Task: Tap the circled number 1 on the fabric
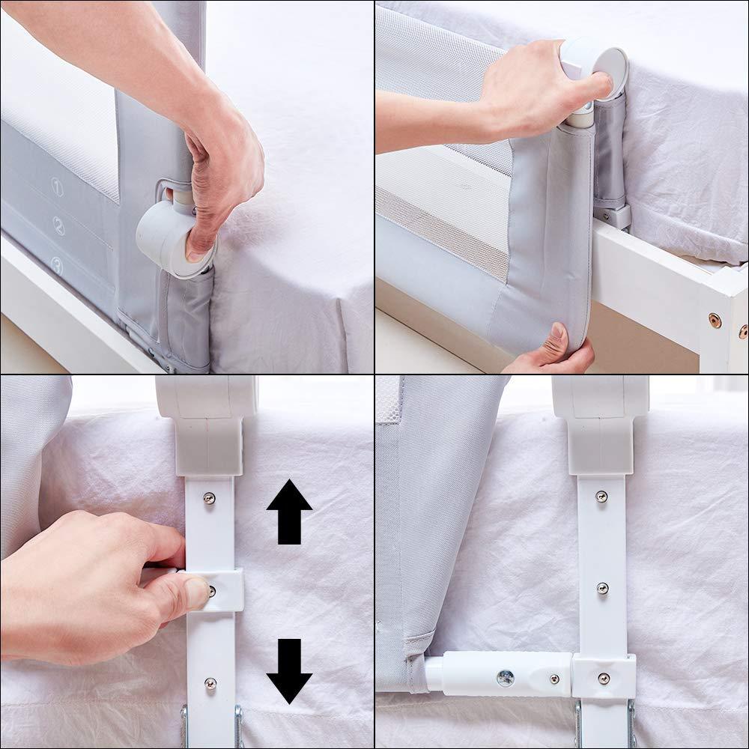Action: coord(57,185)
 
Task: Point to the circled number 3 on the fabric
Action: coord(57,264)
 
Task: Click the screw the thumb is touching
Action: coord(212,590)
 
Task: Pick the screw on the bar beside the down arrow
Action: coord(210,682)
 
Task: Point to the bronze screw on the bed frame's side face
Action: coord(715,320)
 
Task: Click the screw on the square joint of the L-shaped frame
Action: coord(603,678)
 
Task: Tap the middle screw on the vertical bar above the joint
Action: coord(602,588)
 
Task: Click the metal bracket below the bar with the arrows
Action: coord(211,726)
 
